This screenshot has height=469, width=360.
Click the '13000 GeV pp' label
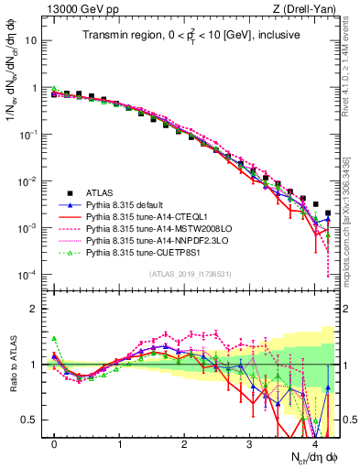[70, 9]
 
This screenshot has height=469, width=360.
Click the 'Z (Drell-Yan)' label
[310, 9]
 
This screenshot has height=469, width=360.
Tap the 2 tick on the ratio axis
[37, 309]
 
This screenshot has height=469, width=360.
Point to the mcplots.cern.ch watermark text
[352, 220]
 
